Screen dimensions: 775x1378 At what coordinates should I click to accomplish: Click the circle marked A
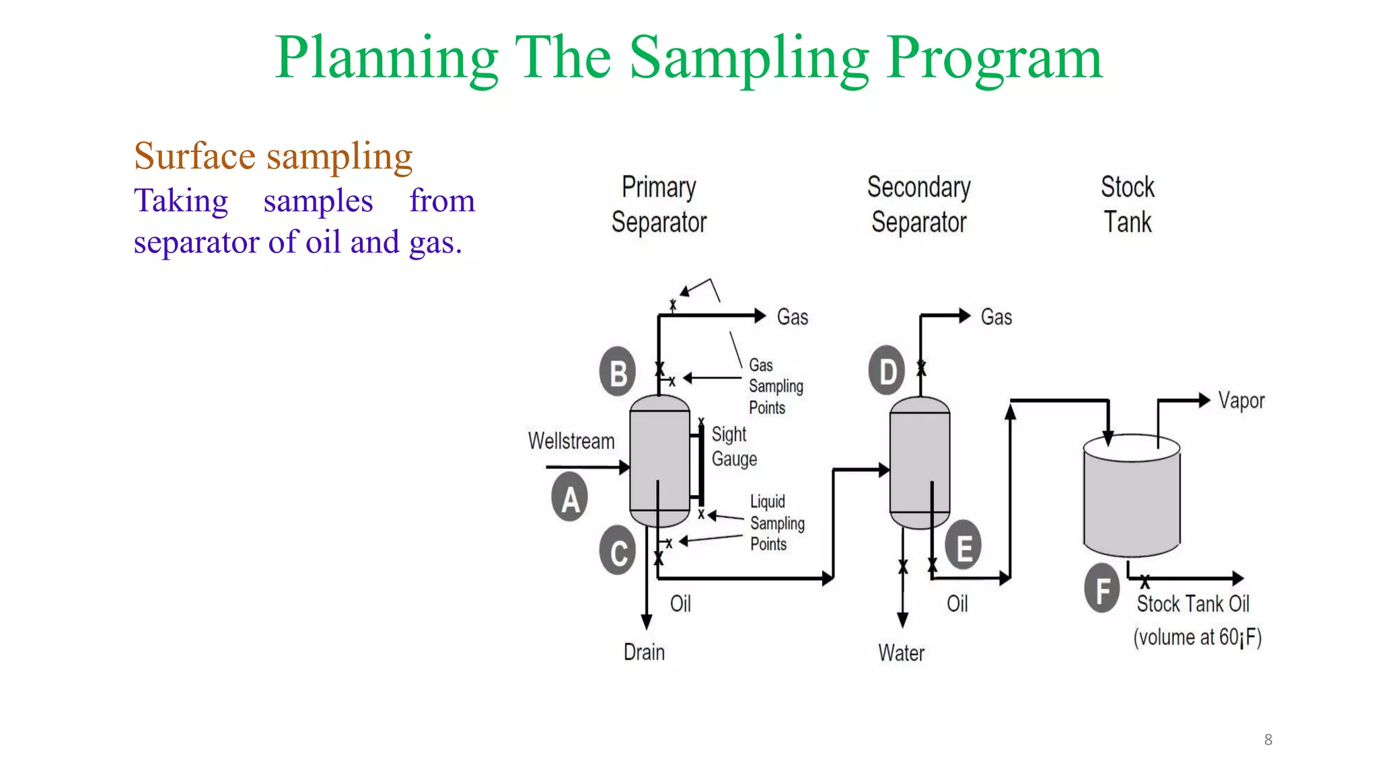coord(570,498)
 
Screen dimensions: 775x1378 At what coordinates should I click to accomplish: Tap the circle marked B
coord(618,371)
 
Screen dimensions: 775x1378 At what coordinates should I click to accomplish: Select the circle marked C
coord(618,551)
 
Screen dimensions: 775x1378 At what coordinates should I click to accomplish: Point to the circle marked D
coord(887,370)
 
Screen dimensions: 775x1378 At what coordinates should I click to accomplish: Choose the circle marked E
coord(964,545)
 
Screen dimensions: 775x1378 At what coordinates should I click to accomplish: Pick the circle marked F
coord(1102,589)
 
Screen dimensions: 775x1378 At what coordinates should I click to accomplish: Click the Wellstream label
coord(571,441)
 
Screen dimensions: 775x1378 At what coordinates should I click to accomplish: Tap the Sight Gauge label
coord(733,447)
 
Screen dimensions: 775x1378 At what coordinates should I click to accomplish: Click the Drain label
coord(644,652)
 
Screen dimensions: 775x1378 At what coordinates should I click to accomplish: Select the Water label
coord(901,653)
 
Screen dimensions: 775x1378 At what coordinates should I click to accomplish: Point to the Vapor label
coord(1241,401)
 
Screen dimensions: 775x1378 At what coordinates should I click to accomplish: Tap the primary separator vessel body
coord(659,461)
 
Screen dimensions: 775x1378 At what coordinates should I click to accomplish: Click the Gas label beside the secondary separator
coord(996,317)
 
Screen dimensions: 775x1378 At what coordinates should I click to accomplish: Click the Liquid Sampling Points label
coord(776,523)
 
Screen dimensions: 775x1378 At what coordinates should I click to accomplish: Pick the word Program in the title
coord(994,58)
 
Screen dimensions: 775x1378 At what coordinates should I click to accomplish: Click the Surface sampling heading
coord(273,156)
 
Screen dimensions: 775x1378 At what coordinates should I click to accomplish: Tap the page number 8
coord(1268,739)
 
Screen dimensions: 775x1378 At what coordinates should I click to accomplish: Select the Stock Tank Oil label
coord(1193,603)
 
